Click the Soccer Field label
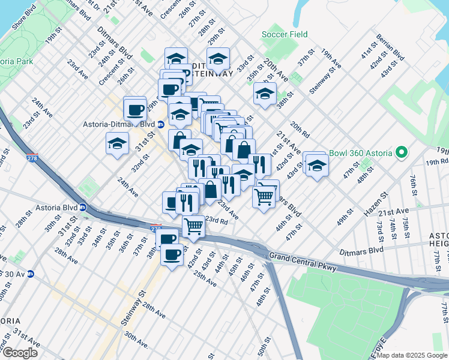click(285, 34)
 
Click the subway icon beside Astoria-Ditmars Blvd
click(161, 124)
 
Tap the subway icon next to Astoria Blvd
click(83, 207)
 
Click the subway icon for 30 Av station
click(30, 274)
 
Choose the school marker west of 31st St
click(117, 143)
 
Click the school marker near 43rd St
click(317, 166)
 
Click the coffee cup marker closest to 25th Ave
click(172, 254)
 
